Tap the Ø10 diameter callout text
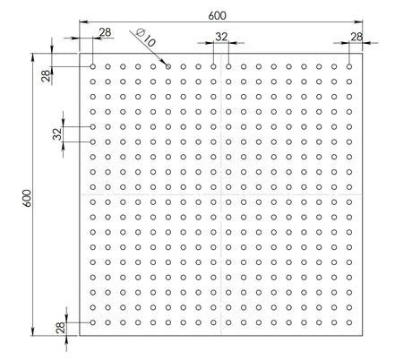pyautogui.click(x=142, y=37)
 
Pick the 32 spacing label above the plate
pyautogui.click(x=221, y=37)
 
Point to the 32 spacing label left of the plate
pyautogui.click(x=56, y=134)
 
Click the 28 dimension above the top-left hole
pyautogui.click(x=105, y=32)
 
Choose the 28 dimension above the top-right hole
pyautogui.click(x=356, y=37)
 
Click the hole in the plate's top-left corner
pyautogui.click(x=92, y=66)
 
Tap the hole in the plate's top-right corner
pyautogui.click(x=349, y=66)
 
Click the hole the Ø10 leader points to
pyautogui.click(x=168, y=66)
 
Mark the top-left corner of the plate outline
pyautogui.click(x=79, y=53)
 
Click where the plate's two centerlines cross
pyautogui.click(x=220, y=194)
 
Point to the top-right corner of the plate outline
pyautogui.click(x=363, y=53)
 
